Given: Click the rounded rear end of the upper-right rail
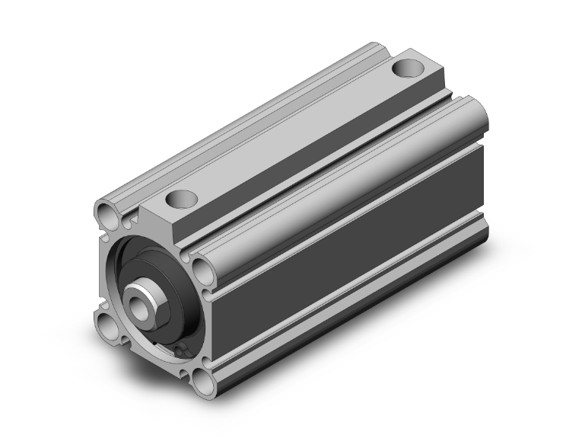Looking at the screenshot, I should click(473, 114).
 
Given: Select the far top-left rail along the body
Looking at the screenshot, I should click(251, 114).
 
